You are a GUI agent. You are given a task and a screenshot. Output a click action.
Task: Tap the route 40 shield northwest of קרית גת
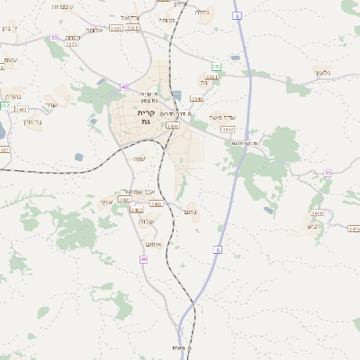(124, 87)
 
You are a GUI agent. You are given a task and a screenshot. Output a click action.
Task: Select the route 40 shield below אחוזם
(143, 259)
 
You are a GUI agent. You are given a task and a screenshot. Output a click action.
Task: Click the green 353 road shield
(216, 67)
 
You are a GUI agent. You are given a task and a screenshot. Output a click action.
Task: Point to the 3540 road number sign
(198, 99)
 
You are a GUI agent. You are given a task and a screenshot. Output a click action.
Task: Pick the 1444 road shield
(171, 126)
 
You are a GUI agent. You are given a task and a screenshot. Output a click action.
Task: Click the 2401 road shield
(124, 200)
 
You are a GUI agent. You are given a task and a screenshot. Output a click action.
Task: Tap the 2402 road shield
(157, 204)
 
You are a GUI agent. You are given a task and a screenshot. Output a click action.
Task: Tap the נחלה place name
(203, 13)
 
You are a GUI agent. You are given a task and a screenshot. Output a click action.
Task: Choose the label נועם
(191, 212)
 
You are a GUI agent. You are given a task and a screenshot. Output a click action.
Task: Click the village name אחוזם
(153, 243)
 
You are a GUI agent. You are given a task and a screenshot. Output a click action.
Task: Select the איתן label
(106, 202)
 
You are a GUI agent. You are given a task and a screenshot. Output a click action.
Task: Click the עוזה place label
(139, 159)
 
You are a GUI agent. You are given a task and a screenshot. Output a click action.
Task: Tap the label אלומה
(93, 30)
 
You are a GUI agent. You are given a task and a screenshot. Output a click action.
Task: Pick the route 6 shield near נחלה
(237, 16)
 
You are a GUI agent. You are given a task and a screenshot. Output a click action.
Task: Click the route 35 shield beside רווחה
(55, 38)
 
